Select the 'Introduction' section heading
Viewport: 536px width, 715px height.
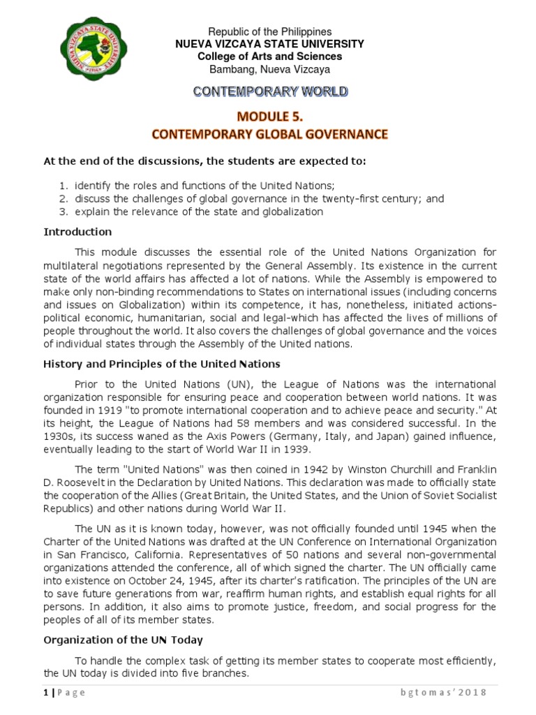tap(77, 232)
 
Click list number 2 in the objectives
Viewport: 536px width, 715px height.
tap(63, 198)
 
